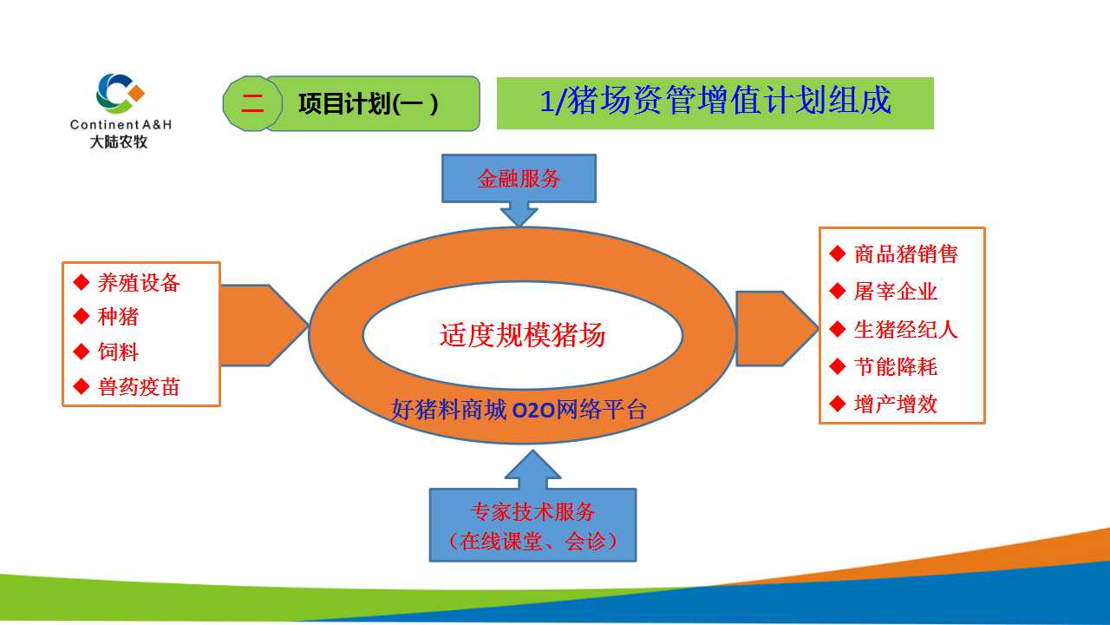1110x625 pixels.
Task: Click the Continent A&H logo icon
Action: pyautogui.click(x=120, y=94)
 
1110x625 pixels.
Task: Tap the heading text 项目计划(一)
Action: pyautogui.click(x=368, y=104)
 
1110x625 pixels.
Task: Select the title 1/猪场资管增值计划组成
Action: pyautogui.click(x=715, y=102)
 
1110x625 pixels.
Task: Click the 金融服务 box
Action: pyautogui.click(x=519, y=179)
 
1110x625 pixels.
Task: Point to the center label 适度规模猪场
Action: pyautogui.click(x=522, y=335)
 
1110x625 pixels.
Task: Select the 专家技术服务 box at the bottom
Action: pyautogui.click(x=532, y=524)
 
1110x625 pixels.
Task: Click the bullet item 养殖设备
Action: pyautogui.click(x=139, y=283)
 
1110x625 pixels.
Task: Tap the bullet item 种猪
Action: pyautogui.click(x=118, y=318)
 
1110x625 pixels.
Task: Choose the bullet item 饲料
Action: pyautogui.click(x=118, y=352)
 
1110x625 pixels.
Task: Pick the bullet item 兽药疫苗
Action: pyautogui.click(x=139, y=387)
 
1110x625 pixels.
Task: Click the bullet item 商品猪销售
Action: pyautogui.click(x=905, y=253)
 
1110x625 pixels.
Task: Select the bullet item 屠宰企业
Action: pyautogui.click(x=895, y=292)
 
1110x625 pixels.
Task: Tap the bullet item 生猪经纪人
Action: pyautogui.click(x=905, y=330)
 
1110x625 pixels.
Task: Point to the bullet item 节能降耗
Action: pyautogui.click(x=895, y=367)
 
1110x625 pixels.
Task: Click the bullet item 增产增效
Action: pyautogui.click(x=895, y=405)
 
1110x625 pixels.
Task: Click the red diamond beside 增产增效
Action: pyautogui.click(x=837, y=404)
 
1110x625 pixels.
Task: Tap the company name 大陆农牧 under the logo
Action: pyautogui.click(x=120, y=141)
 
